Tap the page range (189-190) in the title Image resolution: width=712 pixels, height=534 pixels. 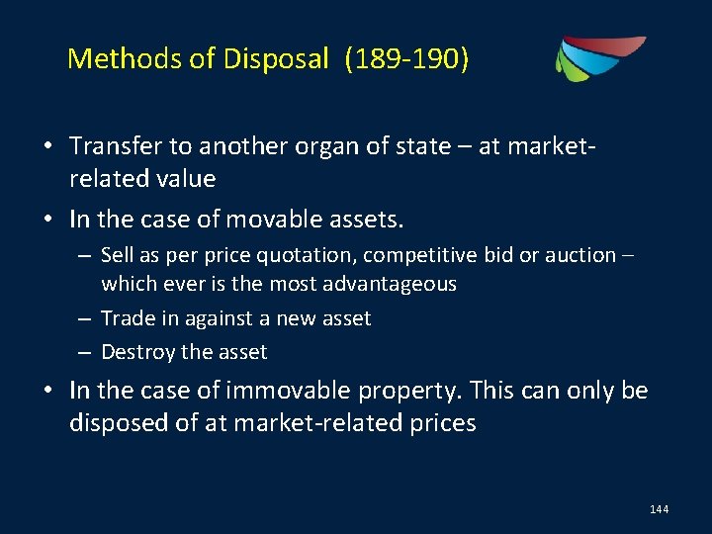[x=406, y=60]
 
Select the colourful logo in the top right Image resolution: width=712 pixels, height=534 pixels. [x=599, y=57]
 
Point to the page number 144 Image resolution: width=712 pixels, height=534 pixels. [x=660, y=508]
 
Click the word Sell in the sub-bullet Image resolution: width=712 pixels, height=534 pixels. [x=117, y=255]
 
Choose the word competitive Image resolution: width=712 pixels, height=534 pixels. [x=420, y=255]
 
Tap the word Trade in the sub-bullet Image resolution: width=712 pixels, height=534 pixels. [x=126, y=317]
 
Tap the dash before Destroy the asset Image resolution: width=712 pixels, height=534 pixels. [x=87, y=351]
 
